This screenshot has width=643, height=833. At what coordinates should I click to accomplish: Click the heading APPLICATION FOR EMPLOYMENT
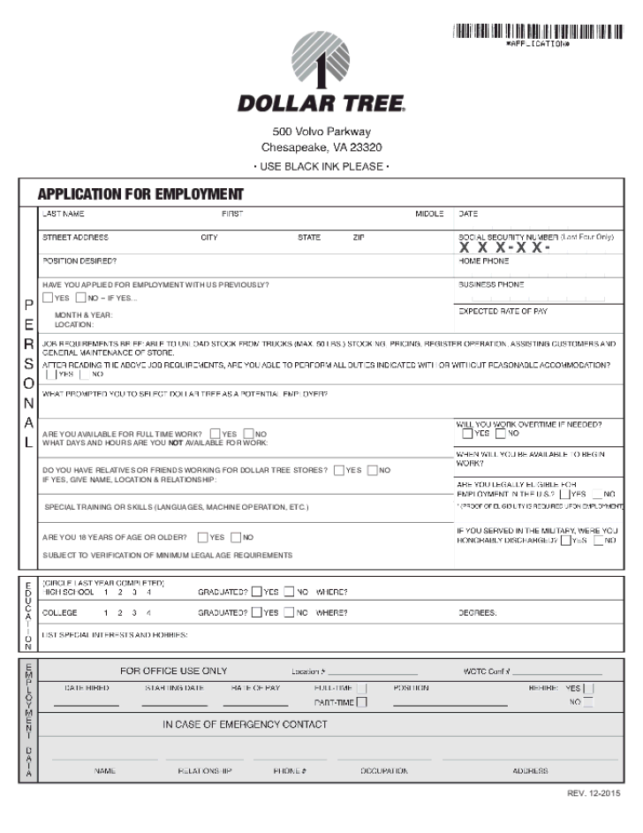[x=140, y=194]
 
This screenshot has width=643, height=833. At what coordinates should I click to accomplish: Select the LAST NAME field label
[x=64, y=214]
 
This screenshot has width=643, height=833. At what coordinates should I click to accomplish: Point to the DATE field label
[x=468, y=214]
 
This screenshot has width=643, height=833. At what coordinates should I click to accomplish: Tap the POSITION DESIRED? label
[x=79, y=261]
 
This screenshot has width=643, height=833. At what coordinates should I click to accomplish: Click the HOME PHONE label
[x=483, y=261]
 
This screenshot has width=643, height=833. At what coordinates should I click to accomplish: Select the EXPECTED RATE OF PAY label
[x=503, y=311]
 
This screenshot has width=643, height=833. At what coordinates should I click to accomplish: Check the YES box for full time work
[x=216, y=434]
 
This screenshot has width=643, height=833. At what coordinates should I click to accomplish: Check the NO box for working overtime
[x=501, y=434]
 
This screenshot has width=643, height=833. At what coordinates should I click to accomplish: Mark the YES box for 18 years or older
[x=203, y=537]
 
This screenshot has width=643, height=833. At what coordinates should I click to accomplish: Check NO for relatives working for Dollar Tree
[x=372, y=470]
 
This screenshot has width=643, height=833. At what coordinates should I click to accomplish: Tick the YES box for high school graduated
[x=256, y=593]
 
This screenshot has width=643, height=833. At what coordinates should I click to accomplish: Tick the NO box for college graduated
[x=289, y=612]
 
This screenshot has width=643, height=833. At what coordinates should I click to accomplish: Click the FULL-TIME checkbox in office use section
[x=360, y=688]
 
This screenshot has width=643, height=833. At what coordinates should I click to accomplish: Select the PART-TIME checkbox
[x=360, y=703]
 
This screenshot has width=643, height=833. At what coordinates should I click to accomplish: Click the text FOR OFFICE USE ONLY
[x=173, y=671]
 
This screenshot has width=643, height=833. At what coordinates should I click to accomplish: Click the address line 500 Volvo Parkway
[x=321, y=132]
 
